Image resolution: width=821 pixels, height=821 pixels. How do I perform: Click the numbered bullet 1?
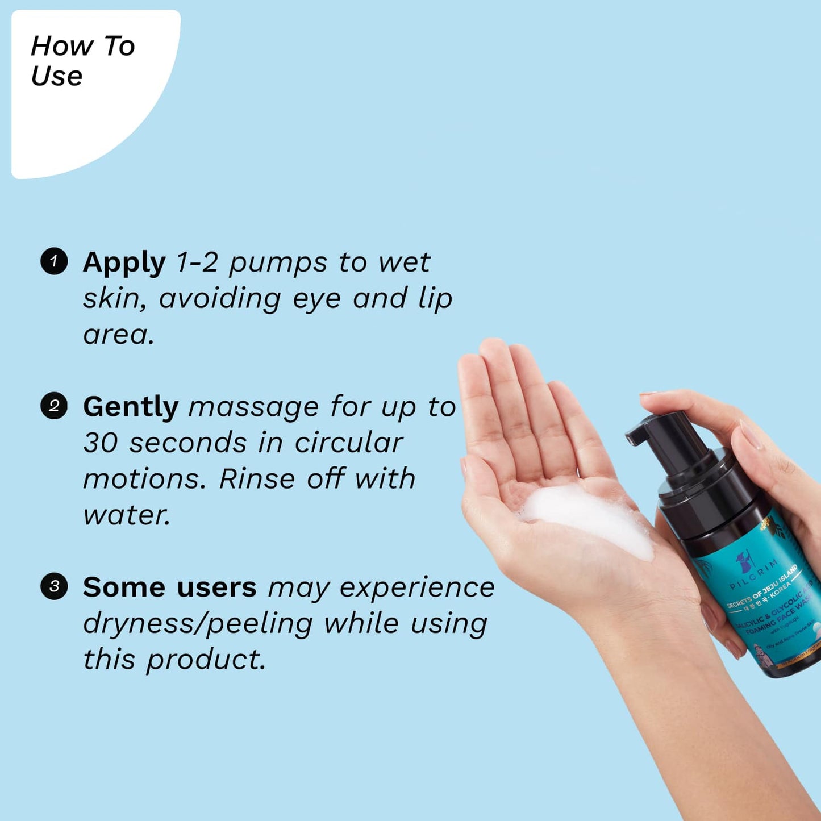coord(54,261)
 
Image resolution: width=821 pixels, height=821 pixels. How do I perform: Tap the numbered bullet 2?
coord(54,406)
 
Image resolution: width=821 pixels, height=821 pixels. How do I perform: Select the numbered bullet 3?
coord(54,586)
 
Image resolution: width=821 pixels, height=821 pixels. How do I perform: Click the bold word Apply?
coord(124,263)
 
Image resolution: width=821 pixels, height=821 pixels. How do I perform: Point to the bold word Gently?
coord(130,407)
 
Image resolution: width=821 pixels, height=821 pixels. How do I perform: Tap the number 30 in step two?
coord(100,443)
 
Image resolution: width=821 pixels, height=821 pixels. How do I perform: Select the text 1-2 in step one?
coord(197,262)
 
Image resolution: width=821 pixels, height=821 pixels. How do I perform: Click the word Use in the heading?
coord(56,76)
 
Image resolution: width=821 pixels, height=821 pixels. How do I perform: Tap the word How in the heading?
coord(62,46)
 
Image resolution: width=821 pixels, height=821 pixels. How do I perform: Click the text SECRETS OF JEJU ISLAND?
coord(761,589)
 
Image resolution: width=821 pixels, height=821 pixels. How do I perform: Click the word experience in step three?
coord(417,587)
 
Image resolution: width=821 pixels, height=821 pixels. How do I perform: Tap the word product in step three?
coord(206,660)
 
